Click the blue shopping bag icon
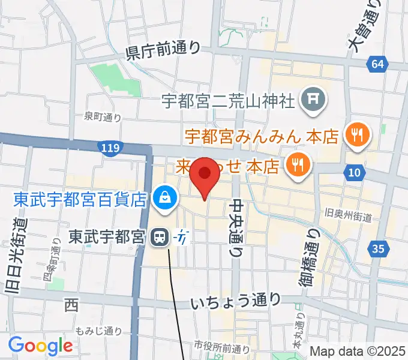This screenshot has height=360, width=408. click(x=164, y=198)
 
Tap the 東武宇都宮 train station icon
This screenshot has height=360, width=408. click(x=159, y=238)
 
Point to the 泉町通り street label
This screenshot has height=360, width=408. click(x=103, y=118)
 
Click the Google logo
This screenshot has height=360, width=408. click(x=40, y=346)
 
